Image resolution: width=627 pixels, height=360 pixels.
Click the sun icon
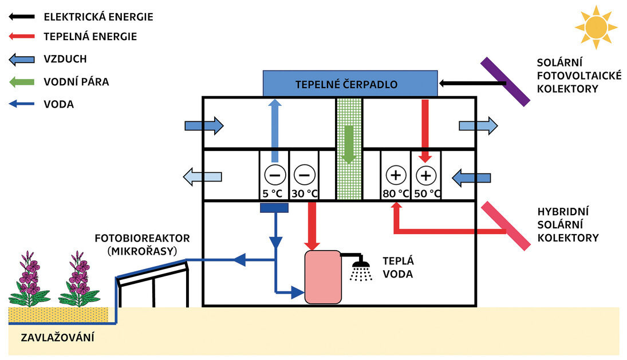(x=596, y=26)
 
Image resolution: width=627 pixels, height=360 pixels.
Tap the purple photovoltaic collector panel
(x=505, y=82)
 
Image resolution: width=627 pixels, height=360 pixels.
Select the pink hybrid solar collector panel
(x=505, y=226)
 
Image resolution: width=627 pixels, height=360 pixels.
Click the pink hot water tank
(x=322, y=278)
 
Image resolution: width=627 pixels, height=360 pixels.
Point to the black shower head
(x=360, y=264)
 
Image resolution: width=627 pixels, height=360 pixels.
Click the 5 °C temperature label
(x=272, y=193)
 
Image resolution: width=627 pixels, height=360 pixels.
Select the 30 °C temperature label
(x=303, y=193)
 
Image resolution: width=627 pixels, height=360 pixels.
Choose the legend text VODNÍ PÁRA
(x=76, y=82)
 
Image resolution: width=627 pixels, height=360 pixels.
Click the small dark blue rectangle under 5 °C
(x=274, y=208)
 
